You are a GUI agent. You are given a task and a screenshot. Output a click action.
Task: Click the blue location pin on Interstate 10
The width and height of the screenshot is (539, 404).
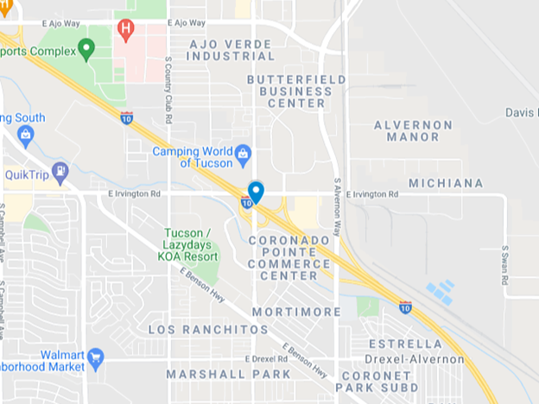(x=256, y=191)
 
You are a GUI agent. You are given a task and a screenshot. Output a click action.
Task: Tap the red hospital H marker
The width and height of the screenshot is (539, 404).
(x=126, y=29)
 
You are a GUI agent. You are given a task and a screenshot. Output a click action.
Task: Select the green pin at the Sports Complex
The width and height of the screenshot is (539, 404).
(x=86, y=48)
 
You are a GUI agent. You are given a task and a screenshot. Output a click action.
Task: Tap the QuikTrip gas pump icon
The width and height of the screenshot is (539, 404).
(x=60, y=172)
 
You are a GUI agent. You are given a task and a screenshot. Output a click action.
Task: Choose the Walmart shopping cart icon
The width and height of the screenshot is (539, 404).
(x=95, y=357)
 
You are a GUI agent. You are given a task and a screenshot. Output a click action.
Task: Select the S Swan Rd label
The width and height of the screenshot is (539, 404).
(x=504, y=264)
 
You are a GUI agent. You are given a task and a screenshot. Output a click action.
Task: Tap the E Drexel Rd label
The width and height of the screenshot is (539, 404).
(x=265, y=359)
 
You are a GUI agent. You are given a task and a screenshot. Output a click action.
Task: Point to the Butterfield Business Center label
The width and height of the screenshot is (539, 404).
(x=296, y=91)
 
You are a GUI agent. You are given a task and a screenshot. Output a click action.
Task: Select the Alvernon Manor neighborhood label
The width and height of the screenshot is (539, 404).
(x=413, y=130)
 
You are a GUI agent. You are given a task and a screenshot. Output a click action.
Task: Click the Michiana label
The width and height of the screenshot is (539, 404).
(x=446, y=184)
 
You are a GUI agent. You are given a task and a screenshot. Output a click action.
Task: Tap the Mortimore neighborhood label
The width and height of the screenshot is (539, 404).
(x=297, y=312)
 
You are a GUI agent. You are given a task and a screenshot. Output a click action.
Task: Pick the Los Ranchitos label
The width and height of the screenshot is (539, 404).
(x=208, y=330)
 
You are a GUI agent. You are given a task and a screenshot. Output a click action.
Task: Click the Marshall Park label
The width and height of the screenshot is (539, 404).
(x=229, y=375)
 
